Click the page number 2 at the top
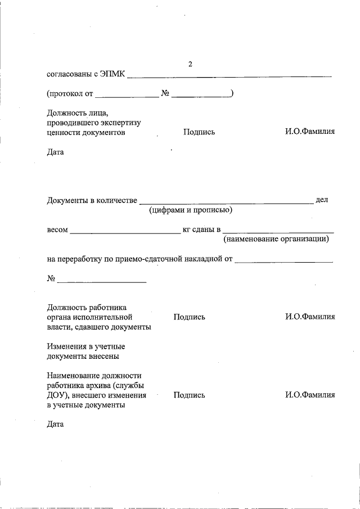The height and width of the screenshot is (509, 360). (x=190, y=64)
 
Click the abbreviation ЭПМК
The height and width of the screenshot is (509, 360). (x=112, y=73)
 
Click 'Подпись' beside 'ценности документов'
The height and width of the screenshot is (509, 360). (x=199, y=132)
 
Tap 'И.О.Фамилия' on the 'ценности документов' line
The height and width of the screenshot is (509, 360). (x=310, y=132)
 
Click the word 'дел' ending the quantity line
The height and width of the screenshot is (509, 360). (x=322, y=200)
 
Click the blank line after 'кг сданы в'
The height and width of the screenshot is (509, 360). (x=278, y=231)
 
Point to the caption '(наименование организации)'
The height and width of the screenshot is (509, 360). (x=276, y=240)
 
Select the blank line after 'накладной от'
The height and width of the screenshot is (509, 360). (x=283, y=260)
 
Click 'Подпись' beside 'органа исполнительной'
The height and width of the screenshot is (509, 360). (x=190, y=317)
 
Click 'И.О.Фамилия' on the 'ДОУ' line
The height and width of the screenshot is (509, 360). (x=310, y=395)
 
